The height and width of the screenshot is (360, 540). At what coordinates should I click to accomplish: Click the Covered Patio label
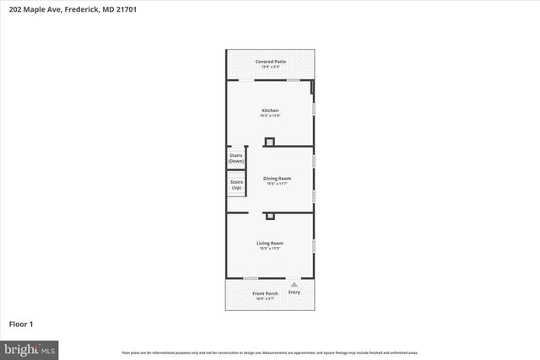(270, 62)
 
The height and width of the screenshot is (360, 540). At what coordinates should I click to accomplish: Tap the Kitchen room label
(270, 110)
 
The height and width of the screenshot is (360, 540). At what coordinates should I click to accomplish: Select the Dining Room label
(277, 178)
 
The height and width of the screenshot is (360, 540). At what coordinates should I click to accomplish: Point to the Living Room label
(270, 244)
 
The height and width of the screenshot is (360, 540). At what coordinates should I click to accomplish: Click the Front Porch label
(265, 293)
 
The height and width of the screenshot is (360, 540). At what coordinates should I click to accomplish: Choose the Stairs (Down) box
(236, 158)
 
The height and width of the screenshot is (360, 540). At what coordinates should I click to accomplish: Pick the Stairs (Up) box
(236, 184)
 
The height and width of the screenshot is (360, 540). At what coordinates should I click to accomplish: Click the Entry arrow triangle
(294, 285)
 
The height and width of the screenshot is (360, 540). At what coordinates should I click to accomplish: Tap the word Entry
(294, 293)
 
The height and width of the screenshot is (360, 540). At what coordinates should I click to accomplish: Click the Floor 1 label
(20, 324)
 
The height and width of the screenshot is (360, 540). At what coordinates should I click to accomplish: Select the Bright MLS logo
(29, 348)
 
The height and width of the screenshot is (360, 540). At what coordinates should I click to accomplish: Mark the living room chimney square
(270, 217)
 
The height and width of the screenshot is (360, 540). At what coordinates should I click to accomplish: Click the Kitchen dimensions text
(270, 116)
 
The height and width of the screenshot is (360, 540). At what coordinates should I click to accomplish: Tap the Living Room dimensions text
(270, 249)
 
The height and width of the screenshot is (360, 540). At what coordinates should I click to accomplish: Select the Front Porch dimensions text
(265, 298)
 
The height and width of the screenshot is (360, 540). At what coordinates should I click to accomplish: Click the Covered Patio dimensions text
(270, 67)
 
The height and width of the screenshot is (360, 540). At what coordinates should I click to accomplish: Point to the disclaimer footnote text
(270, 352)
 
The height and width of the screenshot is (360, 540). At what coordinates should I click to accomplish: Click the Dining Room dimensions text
(277, 183)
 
